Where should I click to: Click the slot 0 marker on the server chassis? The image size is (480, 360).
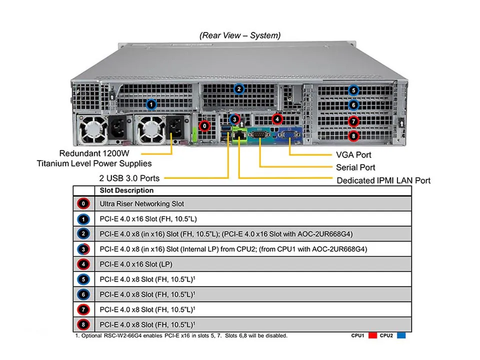tap(204, 126)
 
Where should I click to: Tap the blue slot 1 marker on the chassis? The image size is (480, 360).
tap(151, 104)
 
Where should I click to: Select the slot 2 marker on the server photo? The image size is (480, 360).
tap(239, 89)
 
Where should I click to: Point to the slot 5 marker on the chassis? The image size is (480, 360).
tap(353, 90)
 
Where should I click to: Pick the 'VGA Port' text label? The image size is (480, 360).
tap(353, 155)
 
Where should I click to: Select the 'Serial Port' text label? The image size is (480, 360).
tap(355, 167)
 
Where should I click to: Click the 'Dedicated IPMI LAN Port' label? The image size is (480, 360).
tap(383, 180)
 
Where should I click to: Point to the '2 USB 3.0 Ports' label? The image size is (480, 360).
tap(129, 178)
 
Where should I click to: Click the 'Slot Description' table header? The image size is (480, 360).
tap(126, 190)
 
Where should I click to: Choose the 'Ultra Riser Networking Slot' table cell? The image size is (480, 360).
tap(142, 204)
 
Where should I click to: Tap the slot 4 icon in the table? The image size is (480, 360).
tap(84, 264)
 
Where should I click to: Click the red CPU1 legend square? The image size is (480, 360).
tap(372, 335)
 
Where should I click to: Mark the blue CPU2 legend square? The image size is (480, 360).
tap(401, 335)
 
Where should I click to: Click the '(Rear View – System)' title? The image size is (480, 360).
tap(240, 35)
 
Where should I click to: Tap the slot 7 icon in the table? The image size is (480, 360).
tap(84, 309)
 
